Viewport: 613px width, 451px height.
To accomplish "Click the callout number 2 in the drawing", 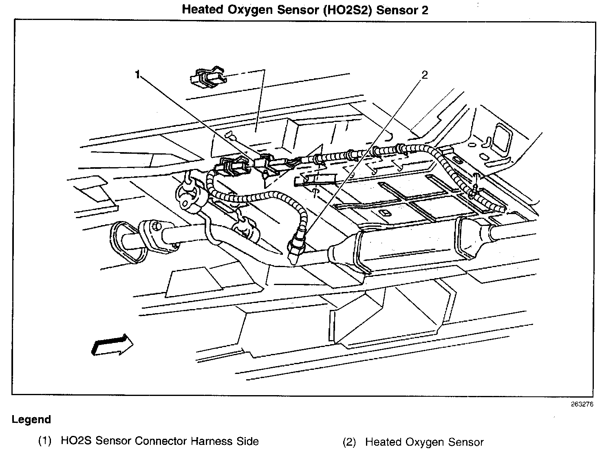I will tap(424, 75).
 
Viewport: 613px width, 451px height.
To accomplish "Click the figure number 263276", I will tap(582, 405).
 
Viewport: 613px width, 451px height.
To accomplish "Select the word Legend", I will tap(31, 419).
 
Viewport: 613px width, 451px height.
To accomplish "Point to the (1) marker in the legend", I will tap(45, 441).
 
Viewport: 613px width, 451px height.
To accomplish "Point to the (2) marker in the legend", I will tap(349, 442).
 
